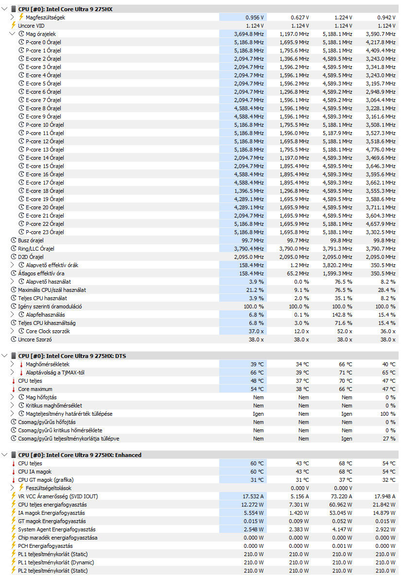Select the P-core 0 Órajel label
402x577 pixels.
tap(43, 42)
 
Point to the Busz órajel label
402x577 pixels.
tap(31, 240)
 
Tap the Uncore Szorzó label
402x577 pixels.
tap(35, 339)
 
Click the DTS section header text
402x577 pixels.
tap(72, 356)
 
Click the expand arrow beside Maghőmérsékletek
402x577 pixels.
tap(13, 364)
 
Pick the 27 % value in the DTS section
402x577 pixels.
tap(390, 439)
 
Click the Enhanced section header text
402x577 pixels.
tap(80, 455)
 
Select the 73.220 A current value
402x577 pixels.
tap(339, 496)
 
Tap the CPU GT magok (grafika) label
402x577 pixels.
tap(45, 480)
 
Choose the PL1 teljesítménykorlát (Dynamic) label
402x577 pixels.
tap(56, 562)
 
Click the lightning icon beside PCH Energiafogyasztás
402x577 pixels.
tap(14, 546)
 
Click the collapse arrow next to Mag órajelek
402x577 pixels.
tap(13, 34)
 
